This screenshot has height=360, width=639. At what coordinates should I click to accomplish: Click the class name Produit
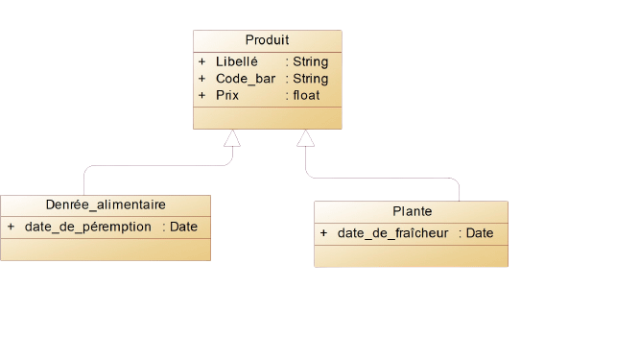267,40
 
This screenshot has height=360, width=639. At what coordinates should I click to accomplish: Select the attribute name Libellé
237,61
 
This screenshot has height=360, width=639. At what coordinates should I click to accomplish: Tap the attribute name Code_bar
246,79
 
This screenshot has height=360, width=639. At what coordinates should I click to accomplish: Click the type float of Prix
307,95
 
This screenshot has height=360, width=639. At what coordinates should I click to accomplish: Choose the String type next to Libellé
311,61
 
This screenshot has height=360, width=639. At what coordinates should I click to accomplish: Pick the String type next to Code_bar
311,79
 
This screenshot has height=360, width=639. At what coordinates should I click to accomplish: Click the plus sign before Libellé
202,61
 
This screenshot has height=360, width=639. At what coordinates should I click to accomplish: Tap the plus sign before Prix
202,95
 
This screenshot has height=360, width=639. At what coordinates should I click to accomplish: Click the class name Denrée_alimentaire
106,204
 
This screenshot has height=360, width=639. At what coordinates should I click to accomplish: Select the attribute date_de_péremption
88,227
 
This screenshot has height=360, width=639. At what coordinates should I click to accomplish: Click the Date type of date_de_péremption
183,227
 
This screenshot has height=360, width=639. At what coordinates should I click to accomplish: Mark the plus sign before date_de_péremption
11,227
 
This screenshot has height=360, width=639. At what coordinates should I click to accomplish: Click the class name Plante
412,211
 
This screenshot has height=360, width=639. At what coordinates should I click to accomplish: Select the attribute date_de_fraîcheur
392,233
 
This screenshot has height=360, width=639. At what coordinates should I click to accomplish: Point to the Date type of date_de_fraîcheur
480,233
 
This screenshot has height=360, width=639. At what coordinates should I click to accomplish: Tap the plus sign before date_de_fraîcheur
323,233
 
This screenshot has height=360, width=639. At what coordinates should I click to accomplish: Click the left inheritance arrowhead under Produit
231,139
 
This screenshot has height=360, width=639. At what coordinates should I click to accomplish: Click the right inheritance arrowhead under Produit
305,139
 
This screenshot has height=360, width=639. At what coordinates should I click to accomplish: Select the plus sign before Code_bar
202,79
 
